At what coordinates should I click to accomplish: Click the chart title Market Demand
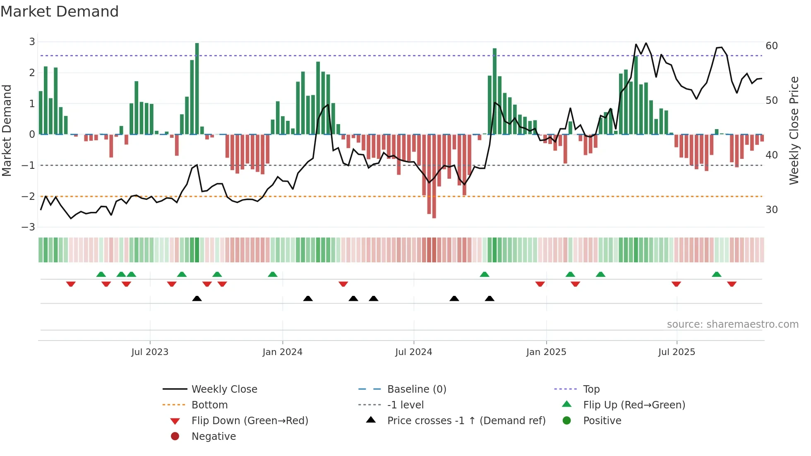(x=60, y=12)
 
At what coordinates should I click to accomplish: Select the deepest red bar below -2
(x=434, y=176)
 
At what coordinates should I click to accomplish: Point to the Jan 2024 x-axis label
(x=283, y=352)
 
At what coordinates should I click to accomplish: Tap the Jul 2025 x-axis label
(x=677, y=352)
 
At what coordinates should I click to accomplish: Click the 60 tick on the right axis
(x=772, y=46)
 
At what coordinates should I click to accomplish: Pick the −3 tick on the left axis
(x=29, y=227)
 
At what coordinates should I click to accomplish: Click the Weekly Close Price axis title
(x=794, y=130)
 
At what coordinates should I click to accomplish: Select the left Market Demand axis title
(x=7, y=130)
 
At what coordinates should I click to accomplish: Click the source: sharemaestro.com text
(x=732, y=324)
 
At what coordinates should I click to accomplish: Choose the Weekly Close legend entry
(x=224, y=389)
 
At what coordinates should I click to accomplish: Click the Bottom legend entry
(x=209, y=405)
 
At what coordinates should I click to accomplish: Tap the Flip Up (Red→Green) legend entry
(x=634, y=405)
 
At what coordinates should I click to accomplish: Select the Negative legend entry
(x=214, y=437)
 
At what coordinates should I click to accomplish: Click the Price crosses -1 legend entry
(x=466, y=421)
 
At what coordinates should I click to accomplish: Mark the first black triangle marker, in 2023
(x=197, y=298)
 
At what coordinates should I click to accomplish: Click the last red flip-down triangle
(x=732, y=284)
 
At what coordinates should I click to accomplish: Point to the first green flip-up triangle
(x=101, y=274)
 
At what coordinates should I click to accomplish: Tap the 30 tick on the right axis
(x=772, y=210)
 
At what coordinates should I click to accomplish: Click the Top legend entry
(x=591, y=389)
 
